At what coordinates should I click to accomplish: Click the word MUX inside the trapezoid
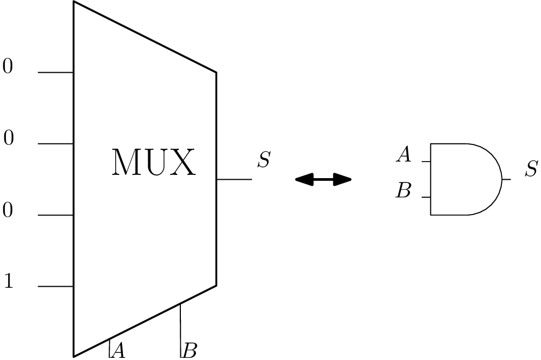[154, 163]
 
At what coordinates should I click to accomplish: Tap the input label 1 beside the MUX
[9, 281]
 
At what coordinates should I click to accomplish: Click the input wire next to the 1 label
[56, 286]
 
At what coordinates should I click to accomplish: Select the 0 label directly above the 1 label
[7, 211]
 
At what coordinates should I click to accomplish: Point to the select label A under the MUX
[119, 351]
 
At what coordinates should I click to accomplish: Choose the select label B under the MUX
[190, 351]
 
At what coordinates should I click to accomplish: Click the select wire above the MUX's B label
[180, 326]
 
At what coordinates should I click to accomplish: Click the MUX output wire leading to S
[234, 179]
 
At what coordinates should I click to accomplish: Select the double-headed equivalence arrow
[323, 180]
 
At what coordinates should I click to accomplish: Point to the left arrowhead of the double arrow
[303, 180]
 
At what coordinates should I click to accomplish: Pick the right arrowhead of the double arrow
[343, 180]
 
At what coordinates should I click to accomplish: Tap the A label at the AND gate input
[403, 156]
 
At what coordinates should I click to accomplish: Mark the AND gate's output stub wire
[506, 179]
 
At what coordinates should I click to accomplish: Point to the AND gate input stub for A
[426, 161]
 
